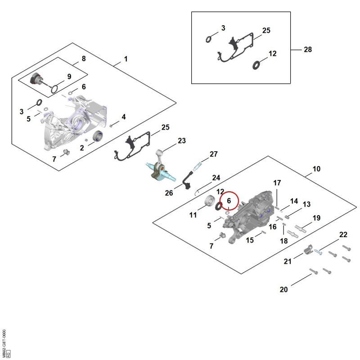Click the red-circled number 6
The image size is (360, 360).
pyautogui.click(x=229, y=201)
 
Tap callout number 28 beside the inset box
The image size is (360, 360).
pyautogui.click(x=308, y=49)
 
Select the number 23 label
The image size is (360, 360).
pyautogui.click(x=182, y=140)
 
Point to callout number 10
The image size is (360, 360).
pyautogui.click(x=316, y=169)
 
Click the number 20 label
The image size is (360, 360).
pyautogui.click(x=283, y=289)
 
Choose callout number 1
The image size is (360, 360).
pyautogui.click(x=126, y=59)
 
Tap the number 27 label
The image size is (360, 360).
pyautogui.click(x=213, y=154)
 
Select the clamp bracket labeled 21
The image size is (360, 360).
pyautogui.click(x=308, y=250)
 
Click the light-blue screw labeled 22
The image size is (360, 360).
pyautogui.click(x=318, y=252)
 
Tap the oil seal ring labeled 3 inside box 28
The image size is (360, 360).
pyautogui.click(x=208, y=40)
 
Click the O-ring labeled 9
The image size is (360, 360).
pyautogui.click(x=54, y=89)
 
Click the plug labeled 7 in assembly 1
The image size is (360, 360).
pyautogui.click(x=66, y=152)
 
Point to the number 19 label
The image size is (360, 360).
pyautogui.click(x=316, y=218)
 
